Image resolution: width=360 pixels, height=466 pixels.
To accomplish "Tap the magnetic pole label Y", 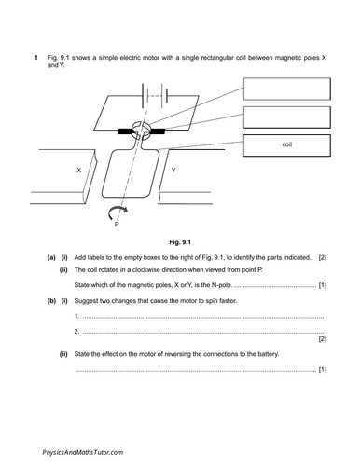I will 174,171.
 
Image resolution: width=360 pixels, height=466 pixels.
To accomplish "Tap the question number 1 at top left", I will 35,59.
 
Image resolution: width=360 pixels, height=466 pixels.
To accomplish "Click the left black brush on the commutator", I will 124,133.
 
